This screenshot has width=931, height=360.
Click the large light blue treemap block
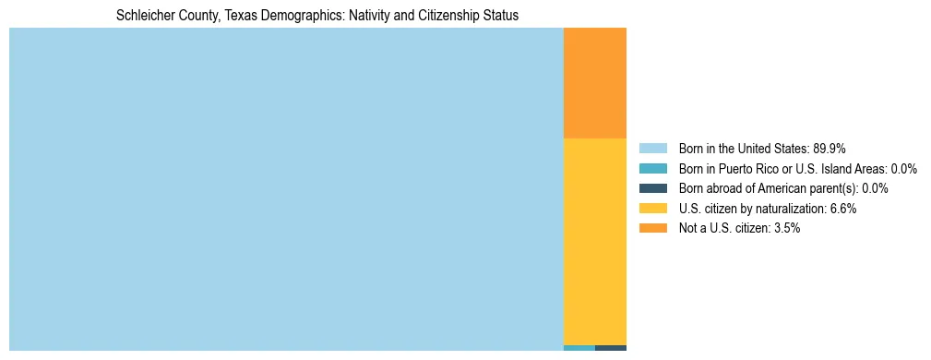click(286, 188)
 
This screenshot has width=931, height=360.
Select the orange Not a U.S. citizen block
click(594, 83)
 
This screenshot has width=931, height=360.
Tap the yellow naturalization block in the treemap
click(594, 241)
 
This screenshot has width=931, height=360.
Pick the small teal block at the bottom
click(579, 348)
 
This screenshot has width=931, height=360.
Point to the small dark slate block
click(611, 348)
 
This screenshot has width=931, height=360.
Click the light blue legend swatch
click(652, 149)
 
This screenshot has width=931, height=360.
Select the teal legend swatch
click(652, 169)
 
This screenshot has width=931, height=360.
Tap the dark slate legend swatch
click(652, 188)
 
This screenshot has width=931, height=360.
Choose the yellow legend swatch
click(652, 209)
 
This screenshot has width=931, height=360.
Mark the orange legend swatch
click(652, 229)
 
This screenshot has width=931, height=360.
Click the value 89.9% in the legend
click(830, 149)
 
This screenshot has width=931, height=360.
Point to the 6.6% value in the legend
click(843, 209)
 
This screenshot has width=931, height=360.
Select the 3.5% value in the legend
click(786, 229)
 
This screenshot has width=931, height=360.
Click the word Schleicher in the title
click(145, 16)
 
